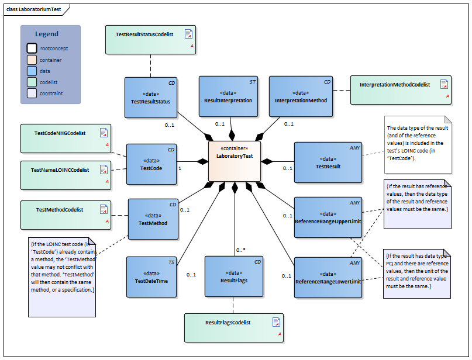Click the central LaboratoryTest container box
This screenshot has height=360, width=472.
coord(235,161)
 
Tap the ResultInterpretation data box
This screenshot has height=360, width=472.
coord(228,96)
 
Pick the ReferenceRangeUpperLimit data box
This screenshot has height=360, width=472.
coord(328,217)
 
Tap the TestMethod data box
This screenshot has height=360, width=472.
coord(153,219)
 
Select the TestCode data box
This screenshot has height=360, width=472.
coord(151,164)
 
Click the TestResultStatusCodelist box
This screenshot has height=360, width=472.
coord(150,40)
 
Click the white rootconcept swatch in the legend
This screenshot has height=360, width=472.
coord(32,49)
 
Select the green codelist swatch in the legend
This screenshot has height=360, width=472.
coord(32,82)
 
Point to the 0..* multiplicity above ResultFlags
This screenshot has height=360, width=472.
coord(240,250)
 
